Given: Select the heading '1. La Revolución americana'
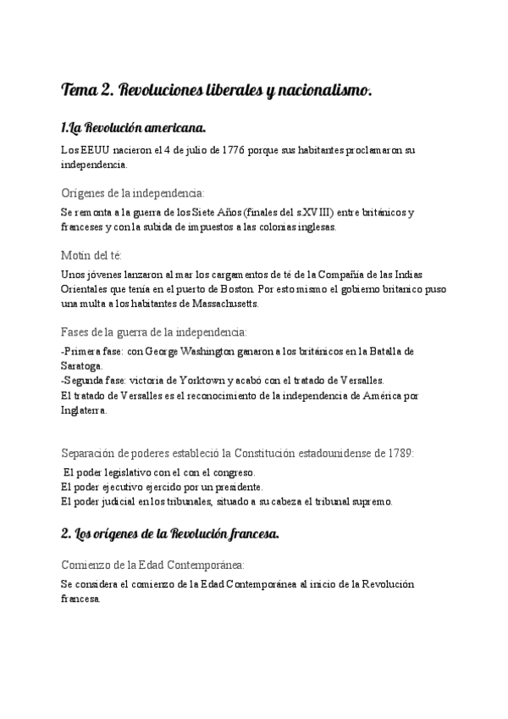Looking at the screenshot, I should coord(134,128).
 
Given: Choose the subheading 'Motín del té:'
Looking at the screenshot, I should coord(92,255).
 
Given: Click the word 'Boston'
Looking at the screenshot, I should coord(257,289).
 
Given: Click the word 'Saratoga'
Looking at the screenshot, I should coord(83,365).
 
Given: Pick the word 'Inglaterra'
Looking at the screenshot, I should coord(85,410).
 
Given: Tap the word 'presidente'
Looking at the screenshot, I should coord(236,487).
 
